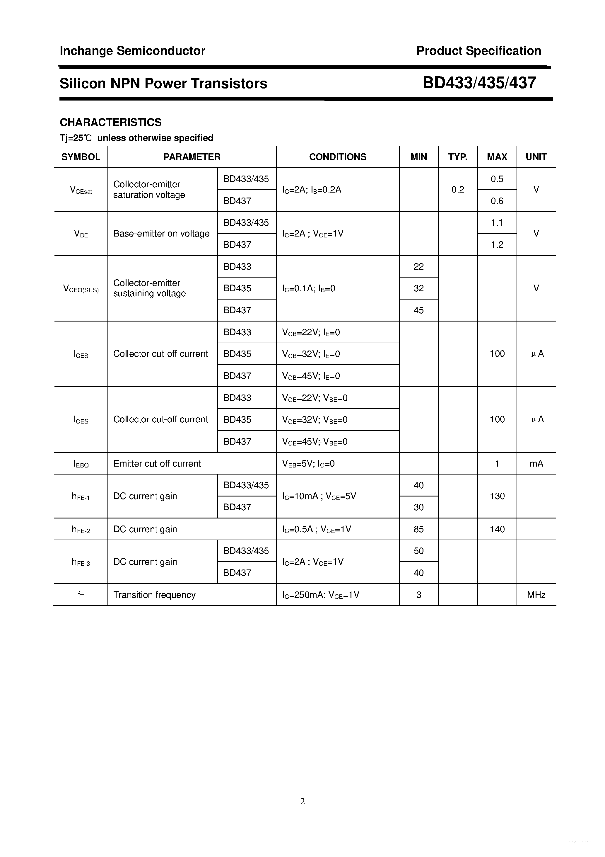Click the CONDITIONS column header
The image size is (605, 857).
point(338,157)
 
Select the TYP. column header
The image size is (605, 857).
point(458,157)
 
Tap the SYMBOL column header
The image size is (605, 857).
point(81,157)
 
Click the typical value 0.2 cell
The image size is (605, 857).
point(458,190)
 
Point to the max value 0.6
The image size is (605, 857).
point(497,201)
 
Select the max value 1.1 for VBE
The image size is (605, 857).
point(497,223)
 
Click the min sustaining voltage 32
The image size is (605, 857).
point(418,288)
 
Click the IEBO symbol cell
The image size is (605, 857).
point(81,464)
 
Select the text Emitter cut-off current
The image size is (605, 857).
point(157,464)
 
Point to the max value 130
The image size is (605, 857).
point(497,496)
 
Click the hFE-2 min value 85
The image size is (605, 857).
point(418,529)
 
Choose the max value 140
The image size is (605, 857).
point(497,529)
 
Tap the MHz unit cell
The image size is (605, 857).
point(536,595)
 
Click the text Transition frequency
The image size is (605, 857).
point(154,595)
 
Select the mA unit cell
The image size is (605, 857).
point(536,464)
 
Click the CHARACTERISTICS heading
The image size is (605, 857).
point(111,123)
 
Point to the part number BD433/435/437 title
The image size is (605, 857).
point(479,83)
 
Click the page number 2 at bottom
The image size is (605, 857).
point(302,801)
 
